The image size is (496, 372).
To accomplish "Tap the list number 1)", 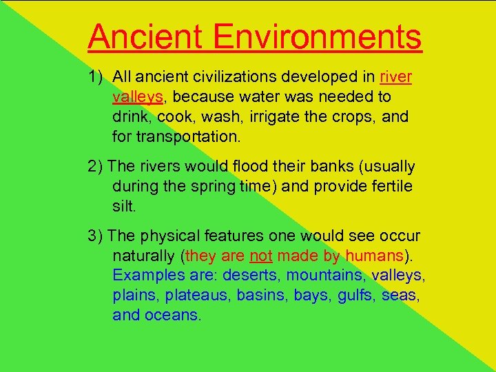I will tap(97, 76).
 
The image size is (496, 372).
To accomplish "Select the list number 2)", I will tap(96, 167).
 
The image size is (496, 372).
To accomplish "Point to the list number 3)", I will tap(96, 236).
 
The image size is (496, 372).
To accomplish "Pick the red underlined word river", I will tap(396, 76).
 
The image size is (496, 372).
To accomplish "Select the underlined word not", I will tap(261, 256).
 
